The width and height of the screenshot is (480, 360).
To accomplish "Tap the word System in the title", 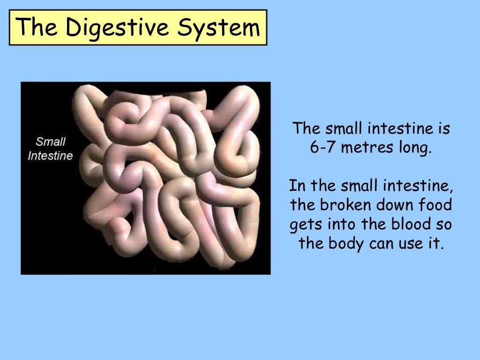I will (x=218, y=28).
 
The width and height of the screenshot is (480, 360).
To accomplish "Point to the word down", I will (x=392, y=205).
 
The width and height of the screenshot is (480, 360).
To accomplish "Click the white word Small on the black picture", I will (x=51, y=141).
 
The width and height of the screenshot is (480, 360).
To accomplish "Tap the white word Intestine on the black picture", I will (x=51, y=155).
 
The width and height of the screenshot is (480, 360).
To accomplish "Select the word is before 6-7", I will (x=442, y=128).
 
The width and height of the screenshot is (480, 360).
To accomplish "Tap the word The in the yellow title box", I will (x=37, y=28).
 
